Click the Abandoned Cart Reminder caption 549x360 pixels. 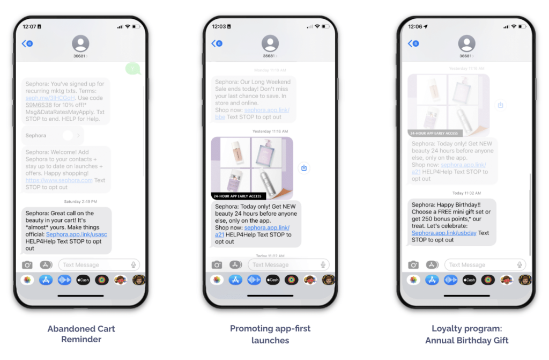tap(81, 334)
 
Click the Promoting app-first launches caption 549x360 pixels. tap(270, 334)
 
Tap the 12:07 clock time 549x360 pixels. tap(29, 26)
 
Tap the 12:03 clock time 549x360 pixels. tap(219, 26)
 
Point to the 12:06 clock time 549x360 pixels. tap(414, 26)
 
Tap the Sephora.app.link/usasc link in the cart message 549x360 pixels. tap(76, 234)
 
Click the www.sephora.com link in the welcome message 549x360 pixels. tap(59, 180)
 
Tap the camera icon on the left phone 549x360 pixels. tap(27, 265)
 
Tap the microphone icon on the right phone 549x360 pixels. tap(520, 265)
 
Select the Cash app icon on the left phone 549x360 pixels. tap(83, 280)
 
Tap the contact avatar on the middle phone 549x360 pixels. tap(270, 43)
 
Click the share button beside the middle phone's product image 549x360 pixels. tap(304, 168)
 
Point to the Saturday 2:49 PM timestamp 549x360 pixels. tap(80, 202)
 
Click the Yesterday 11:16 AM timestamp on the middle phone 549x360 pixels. tap(270, 131)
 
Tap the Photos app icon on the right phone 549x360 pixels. tap(413, 280)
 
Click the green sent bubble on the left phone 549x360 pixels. tap(132, 69)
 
